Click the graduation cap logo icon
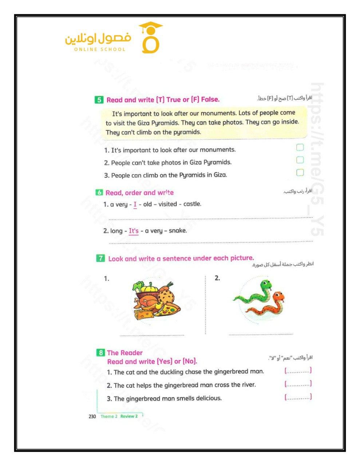point(150,38)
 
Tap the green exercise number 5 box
point(99,100)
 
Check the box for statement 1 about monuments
point(300,147)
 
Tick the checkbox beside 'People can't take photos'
point(300,160)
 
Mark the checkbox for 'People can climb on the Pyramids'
point(300,172)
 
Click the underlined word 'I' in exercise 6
point(135,204)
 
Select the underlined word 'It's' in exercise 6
point(134,231)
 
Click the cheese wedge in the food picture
point(143,314)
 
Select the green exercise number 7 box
point(100,258)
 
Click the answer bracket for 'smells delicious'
point(298,397)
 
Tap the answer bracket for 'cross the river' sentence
point(298,384)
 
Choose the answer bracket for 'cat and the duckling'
point(298,371)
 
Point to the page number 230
point(92,416)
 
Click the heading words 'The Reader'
point(124,353)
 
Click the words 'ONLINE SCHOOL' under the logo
point(100,50)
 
